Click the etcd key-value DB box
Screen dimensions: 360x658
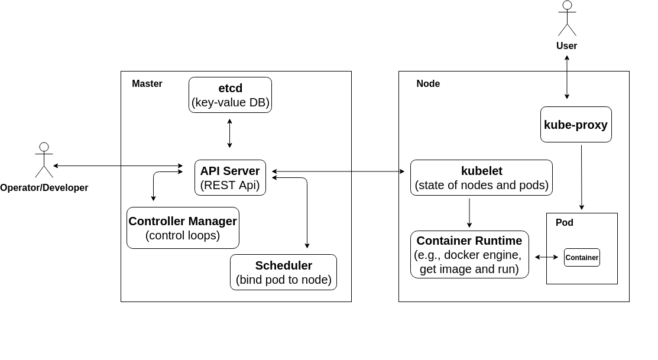pos(230,95)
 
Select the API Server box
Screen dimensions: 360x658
pos(230,177)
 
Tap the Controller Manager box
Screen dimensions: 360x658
pos(183,228)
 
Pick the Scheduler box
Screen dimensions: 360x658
pos(283,272)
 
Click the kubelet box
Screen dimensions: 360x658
pos(481,177)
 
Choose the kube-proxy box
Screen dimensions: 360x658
pos(576,125)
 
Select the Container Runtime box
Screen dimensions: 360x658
pos(469,254)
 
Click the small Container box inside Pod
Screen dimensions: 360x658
pos(582,257)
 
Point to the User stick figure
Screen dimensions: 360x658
pos(567,19)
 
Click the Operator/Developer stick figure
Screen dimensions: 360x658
pos(44,160)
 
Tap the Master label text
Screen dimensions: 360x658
pos(147,84)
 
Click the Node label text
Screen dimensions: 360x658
pos(428,84)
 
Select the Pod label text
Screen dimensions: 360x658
pos(564,223)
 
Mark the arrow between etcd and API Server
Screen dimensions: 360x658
pos(229,133)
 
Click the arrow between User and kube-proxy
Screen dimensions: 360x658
pos(567,77)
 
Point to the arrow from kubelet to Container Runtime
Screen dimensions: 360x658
pos(469,213)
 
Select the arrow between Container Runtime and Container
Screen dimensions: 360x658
pos(546,257)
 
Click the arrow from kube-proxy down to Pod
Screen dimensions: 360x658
pos(581,177)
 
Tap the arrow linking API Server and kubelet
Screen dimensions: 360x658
pos(338,171)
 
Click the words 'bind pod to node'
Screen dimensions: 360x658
pos(283,280)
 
